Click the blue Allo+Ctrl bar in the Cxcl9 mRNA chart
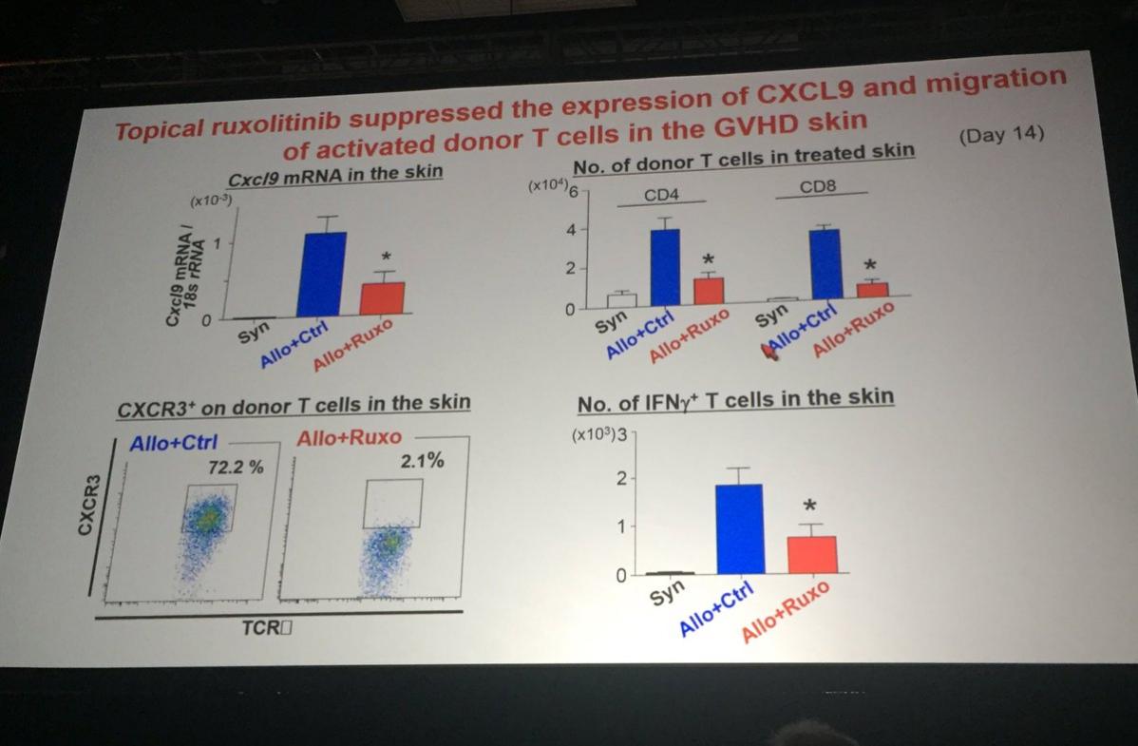pos(321,274)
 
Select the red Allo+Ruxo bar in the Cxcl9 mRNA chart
pos(383,298)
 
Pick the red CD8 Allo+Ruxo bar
pos(872,289)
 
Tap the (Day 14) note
pos(1000,134)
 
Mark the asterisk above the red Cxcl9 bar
pos(385,257)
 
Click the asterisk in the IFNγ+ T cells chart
pos(809,505)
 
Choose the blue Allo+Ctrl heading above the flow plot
pos(174,442)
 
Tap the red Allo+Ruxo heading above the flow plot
pos(349,438)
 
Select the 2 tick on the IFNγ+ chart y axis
pos(619,479)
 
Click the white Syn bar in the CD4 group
pos(621,299)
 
